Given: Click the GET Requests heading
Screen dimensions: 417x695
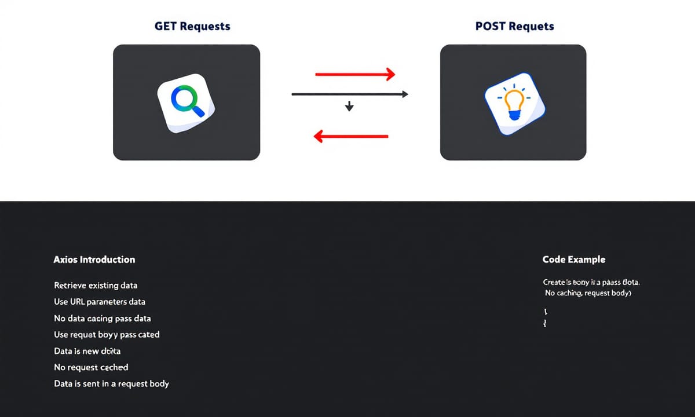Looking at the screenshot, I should [x=192, y=26].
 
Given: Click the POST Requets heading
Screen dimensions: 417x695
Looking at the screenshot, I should [x=515, y=26].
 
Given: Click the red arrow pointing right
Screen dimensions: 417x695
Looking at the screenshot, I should [x=354, y=74].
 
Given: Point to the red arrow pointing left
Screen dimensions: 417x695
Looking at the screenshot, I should [x=351, y=136].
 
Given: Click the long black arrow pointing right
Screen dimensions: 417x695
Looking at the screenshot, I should [x=350, y=94].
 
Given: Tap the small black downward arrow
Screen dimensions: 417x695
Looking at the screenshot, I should [x=349, y=106].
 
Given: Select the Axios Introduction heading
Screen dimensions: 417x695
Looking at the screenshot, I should [x=94, y=259].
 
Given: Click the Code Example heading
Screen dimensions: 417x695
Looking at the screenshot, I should [x=574, y=259].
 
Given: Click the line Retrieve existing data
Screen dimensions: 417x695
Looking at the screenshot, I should [x=96, y=286].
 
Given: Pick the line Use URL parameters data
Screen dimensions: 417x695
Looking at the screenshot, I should [x=100, y=302].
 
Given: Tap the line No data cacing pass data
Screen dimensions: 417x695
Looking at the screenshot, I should [x=103, y=318].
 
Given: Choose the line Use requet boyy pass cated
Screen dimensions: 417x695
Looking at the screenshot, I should [x=107, y=334].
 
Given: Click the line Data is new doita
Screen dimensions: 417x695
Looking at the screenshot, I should [x=87, y=351].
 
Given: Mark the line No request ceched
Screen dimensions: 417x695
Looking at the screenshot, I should [x=91, y=367].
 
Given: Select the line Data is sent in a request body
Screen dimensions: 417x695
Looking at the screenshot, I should [x=111, y=383].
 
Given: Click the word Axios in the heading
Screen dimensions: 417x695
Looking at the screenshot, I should [x=65, y=259].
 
